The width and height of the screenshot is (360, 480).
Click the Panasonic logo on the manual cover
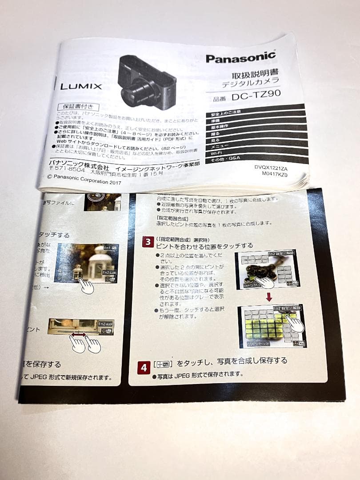[x=240, y=57]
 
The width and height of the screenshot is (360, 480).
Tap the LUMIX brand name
[x=81, y=86]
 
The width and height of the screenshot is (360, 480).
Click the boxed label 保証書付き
[x=78, y=107]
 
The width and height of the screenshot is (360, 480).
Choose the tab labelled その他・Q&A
[x=226, y=159]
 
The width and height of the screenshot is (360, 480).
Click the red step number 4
[x=143, y=368]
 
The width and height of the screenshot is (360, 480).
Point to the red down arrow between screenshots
[x=268, y=296]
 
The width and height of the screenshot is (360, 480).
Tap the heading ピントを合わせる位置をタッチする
[x=204, y=245]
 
